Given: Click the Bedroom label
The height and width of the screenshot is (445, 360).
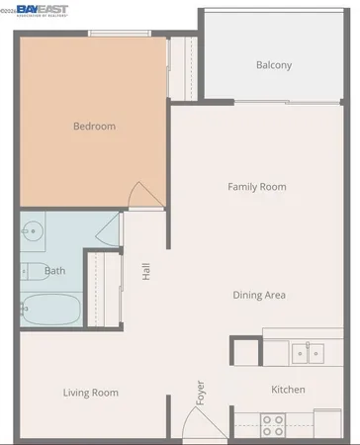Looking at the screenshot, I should coord(95,127).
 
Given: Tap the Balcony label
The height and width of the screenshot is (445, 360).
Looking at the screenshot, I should coord(274,66).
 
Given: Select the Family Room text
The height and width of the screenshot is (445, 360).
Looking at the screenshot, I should coord(256,186).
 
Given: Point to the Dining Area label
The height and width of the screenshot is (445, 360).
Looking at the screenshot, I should coord(260,295).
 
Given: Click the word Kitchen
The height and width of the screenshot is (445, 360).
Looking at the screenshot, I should coord(288,390).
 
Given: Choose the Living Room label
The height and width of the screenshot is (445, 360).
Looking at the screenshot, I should coord(91,393).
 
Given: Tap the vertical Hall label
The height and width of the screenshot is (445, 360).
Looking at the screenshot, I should coord(146,269).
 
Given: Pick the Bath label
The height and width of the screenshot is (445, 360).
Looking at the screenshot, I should coord(55,270).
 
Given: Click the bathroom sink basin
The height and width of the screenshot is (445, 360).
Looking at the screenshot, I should coord(33,232).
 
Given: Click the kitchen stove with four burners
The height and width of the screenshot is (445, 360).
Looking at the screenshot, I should coord(272,425).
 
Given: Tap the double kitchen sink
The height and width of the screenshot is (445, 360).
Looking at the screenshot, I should coord(303,351).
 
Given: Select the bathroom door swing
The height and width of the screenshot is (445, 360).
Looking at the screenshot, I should coord(106,229).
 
